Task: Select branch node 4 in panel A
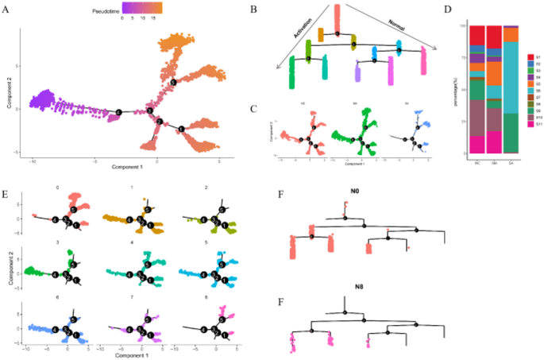pyautogui.click(x=118, y=110)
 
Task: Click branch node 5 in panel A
pyautogui.click(x=172, y=82)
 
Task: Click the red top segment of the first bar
pyautogui.click(x=476, y=35)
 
